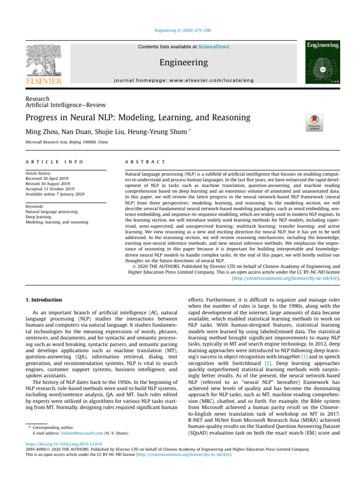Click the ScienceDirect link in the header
click(x=214, y=47)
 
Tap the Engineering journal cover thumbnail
click(x=323, y=62)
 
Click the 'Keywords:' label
click(x=35, y=206)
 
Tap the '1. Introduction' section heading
click(x=43, y=299)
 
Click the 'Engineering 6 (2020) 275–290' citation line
click(x=180, y=30)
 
